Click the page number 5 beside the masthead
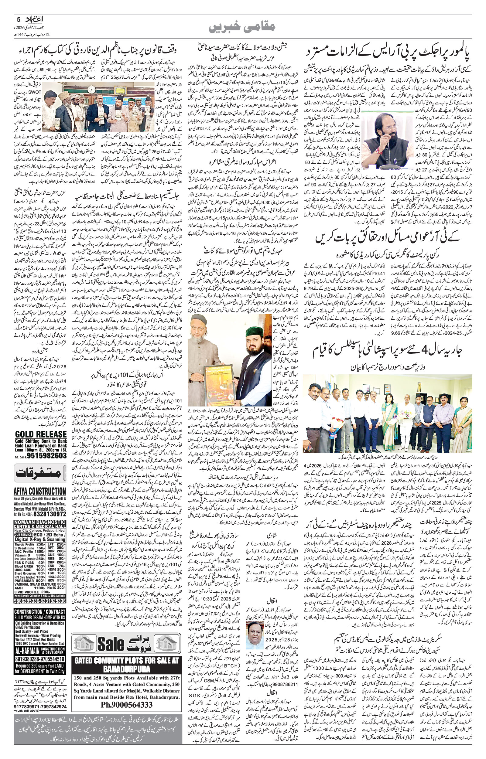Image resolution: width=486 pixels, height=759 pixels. click(x=17, y=19)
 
